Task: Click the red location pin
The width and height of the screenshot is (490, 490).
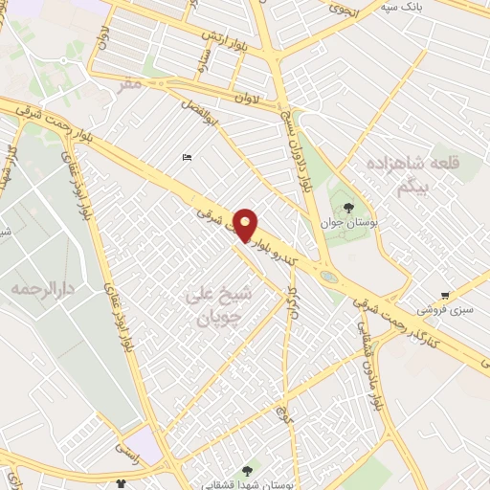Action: (245, 224)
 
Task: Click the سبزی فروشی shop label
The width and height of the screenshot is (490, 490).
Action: (444, 310)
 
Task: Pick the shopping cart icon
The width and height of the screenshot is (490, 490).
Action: (445, 296)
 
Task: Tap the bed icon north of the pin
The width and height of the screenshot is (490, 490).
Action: (187, 158)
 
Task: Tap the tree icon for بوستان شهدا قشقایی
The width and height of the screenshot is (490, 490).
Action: (249, 470)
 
